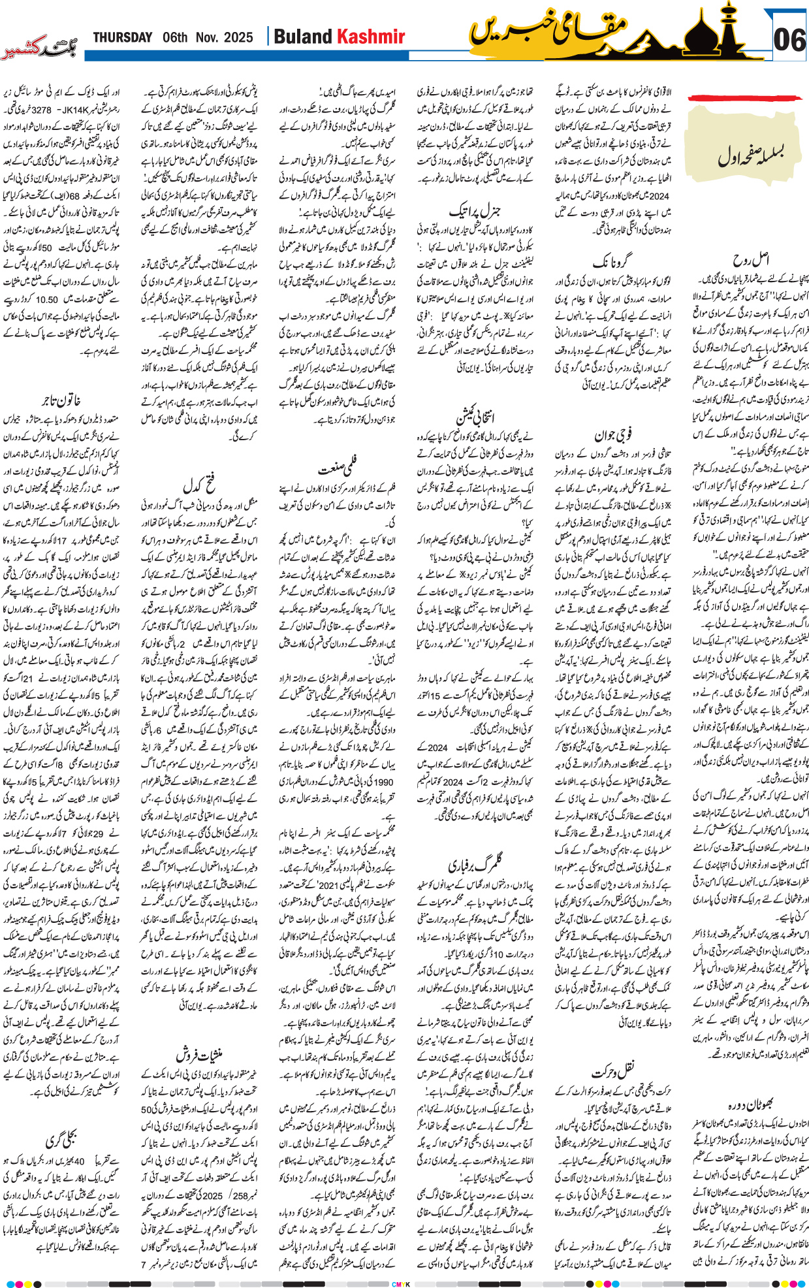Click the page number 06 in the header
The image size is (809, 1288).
[789, 40]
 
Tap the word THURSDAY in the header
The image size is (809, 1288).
[122, 37]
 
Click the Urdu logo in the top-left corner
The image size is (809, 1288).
[38, 49]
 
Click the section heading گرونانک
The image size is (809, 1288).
[611, 261]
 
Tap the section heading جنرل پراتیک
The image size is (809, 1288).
[475, 211]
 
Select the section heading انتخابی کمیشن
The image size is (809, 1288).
[475, 416]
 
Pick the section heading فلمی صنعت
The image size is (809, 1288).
[338, 468]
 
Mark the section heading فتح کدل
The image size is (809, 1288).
[200, 485]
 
